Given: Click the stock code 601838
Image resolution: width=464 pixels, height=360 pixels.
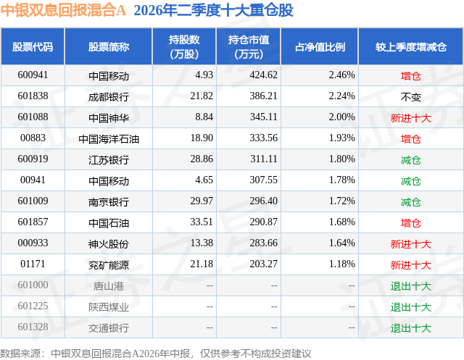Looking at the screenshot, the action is [33, 96].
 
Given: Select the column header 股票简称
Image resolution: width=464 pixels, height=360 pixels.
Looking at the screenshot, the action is [109, 46].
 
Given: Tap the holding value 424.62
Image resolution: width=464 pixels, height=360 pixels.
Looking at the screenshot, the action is [263, 75].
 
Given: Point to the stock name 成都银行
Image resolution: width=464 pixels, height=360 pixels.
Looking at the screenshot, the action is [109, 97].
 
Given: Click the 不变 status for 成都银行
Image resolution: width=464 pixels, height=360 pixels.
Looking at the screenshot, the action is [411, 97].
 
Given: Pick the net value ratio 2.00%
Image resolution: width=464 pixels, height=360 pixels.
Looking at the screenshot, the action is [341, 117].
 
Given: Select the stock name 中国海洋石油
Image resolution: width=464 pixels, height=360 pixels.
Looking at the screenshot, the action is [109, 139].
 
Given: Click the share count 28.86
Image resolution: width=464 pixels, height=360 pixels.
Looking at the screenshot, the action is [202, 159].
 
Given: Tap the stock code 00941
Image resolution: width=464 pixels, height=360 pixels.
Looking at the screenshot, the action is [33, 180].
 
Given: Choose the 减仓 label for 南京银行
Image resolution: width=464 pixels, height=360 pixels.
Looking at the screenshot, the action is [411, 202].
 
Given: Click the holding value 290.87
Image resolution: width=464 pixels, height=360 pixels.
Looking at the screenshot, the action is [263, 222].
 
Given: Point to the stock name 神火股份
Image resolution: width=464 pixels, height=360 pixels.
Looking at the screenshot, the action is [109, 244].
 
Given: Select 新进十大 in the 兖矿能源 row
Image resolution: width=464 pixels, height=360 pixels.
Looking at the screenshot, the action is [411, 265].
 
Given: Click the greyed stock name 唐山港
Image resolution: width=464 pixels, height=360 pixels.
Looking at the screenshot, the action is [109, 286].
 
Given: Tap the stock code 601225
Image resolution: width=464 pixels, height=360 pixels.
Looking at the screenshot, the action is [33, 306].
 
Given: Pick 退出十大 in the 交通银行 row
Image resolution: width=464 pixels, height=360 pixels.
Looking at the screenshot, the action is [411, 328].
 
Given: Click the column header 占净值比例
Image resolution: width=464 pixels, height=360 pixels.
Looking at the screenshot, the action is [320, 46].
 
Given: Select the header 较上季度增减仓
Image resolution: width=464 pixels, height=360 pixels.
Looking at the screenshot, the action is [411, 46].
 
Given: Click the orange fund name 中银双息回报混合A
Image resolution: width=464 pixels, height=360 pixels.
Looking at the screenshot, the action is [63, 10].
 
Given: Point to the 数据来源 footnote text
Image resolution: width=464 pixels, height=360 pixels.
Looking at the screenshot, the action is [156, 353].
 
